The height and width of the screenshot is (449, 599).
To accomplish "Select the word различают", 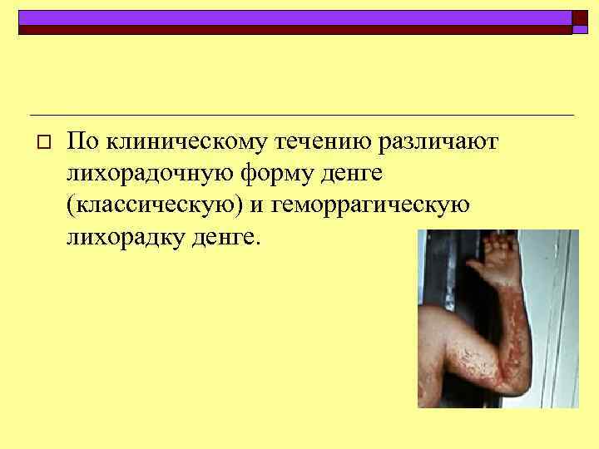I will [437, 143].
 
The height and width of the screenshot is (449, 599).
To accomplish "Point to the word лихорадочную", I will [151, 175].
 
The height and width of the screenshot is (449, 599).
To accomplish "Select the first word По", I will [82, 143].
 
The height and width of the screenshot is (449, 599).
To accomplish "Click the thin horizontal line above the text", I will [299, 114].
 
